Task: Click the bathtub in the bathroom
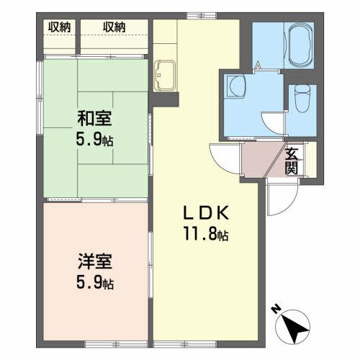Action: pos(301,45)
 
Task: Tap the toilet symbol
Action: pos(302,99)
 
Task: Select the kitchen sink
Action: pos(165,76)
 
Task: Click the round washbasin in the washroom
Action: pos(238,86)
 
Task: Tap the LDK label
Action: pos(206,213)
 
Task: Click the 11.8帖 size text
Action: pos(206,233)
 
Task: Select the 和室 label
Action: pos(94,118)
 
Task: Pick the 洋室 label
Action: pos(95,261)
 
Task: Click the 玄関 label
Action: pos(292,161)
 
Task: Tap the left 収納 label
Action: pos(60,27)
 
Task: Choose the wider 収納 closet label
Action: pos(114,27)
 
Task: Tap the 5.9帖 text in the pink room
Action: pos(95,282)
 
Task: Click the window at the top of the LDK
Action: pos(202,16)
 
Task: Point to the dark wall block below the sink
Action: pos(163,99)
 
